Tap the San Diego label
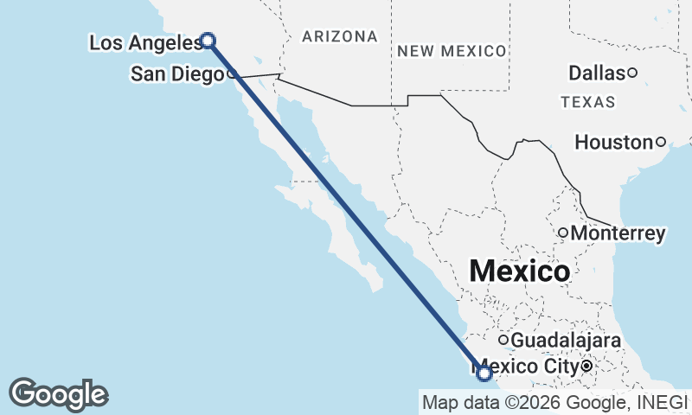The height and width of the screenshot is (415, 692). point(176,74)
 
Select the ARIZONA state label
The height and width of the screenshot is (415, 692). point(340,36)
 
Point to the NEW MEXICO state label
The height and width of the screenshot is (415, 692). point(452,51)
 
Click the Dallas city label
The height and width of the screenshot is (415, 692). point(597,73)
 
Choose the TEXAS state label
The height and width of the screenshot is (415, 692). point(588,102)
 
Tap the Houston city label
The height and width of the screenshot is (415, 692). point(613,142)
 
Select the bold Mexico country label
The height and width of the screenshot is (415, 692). point(519,271)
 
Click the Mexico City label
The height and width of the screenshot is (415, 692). point(528,367)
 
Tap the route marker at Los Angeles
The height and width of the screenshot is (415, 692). point(208,39)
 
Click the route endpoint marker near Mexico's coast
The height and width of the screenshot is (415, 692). point(484,373)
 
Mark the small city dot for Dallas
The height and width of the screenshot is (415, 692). point(632,73)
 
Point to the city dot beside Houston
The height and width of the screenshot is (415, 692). point(660,142)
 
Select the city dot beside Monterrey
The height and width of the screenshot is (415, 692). point(562,233)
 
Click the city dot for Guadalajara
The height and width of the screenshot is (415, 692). point(503,340)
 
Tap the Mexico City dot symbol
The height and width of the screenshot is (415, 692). point(586,367)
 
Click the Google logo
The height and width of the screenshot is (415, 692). point(58,394)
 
